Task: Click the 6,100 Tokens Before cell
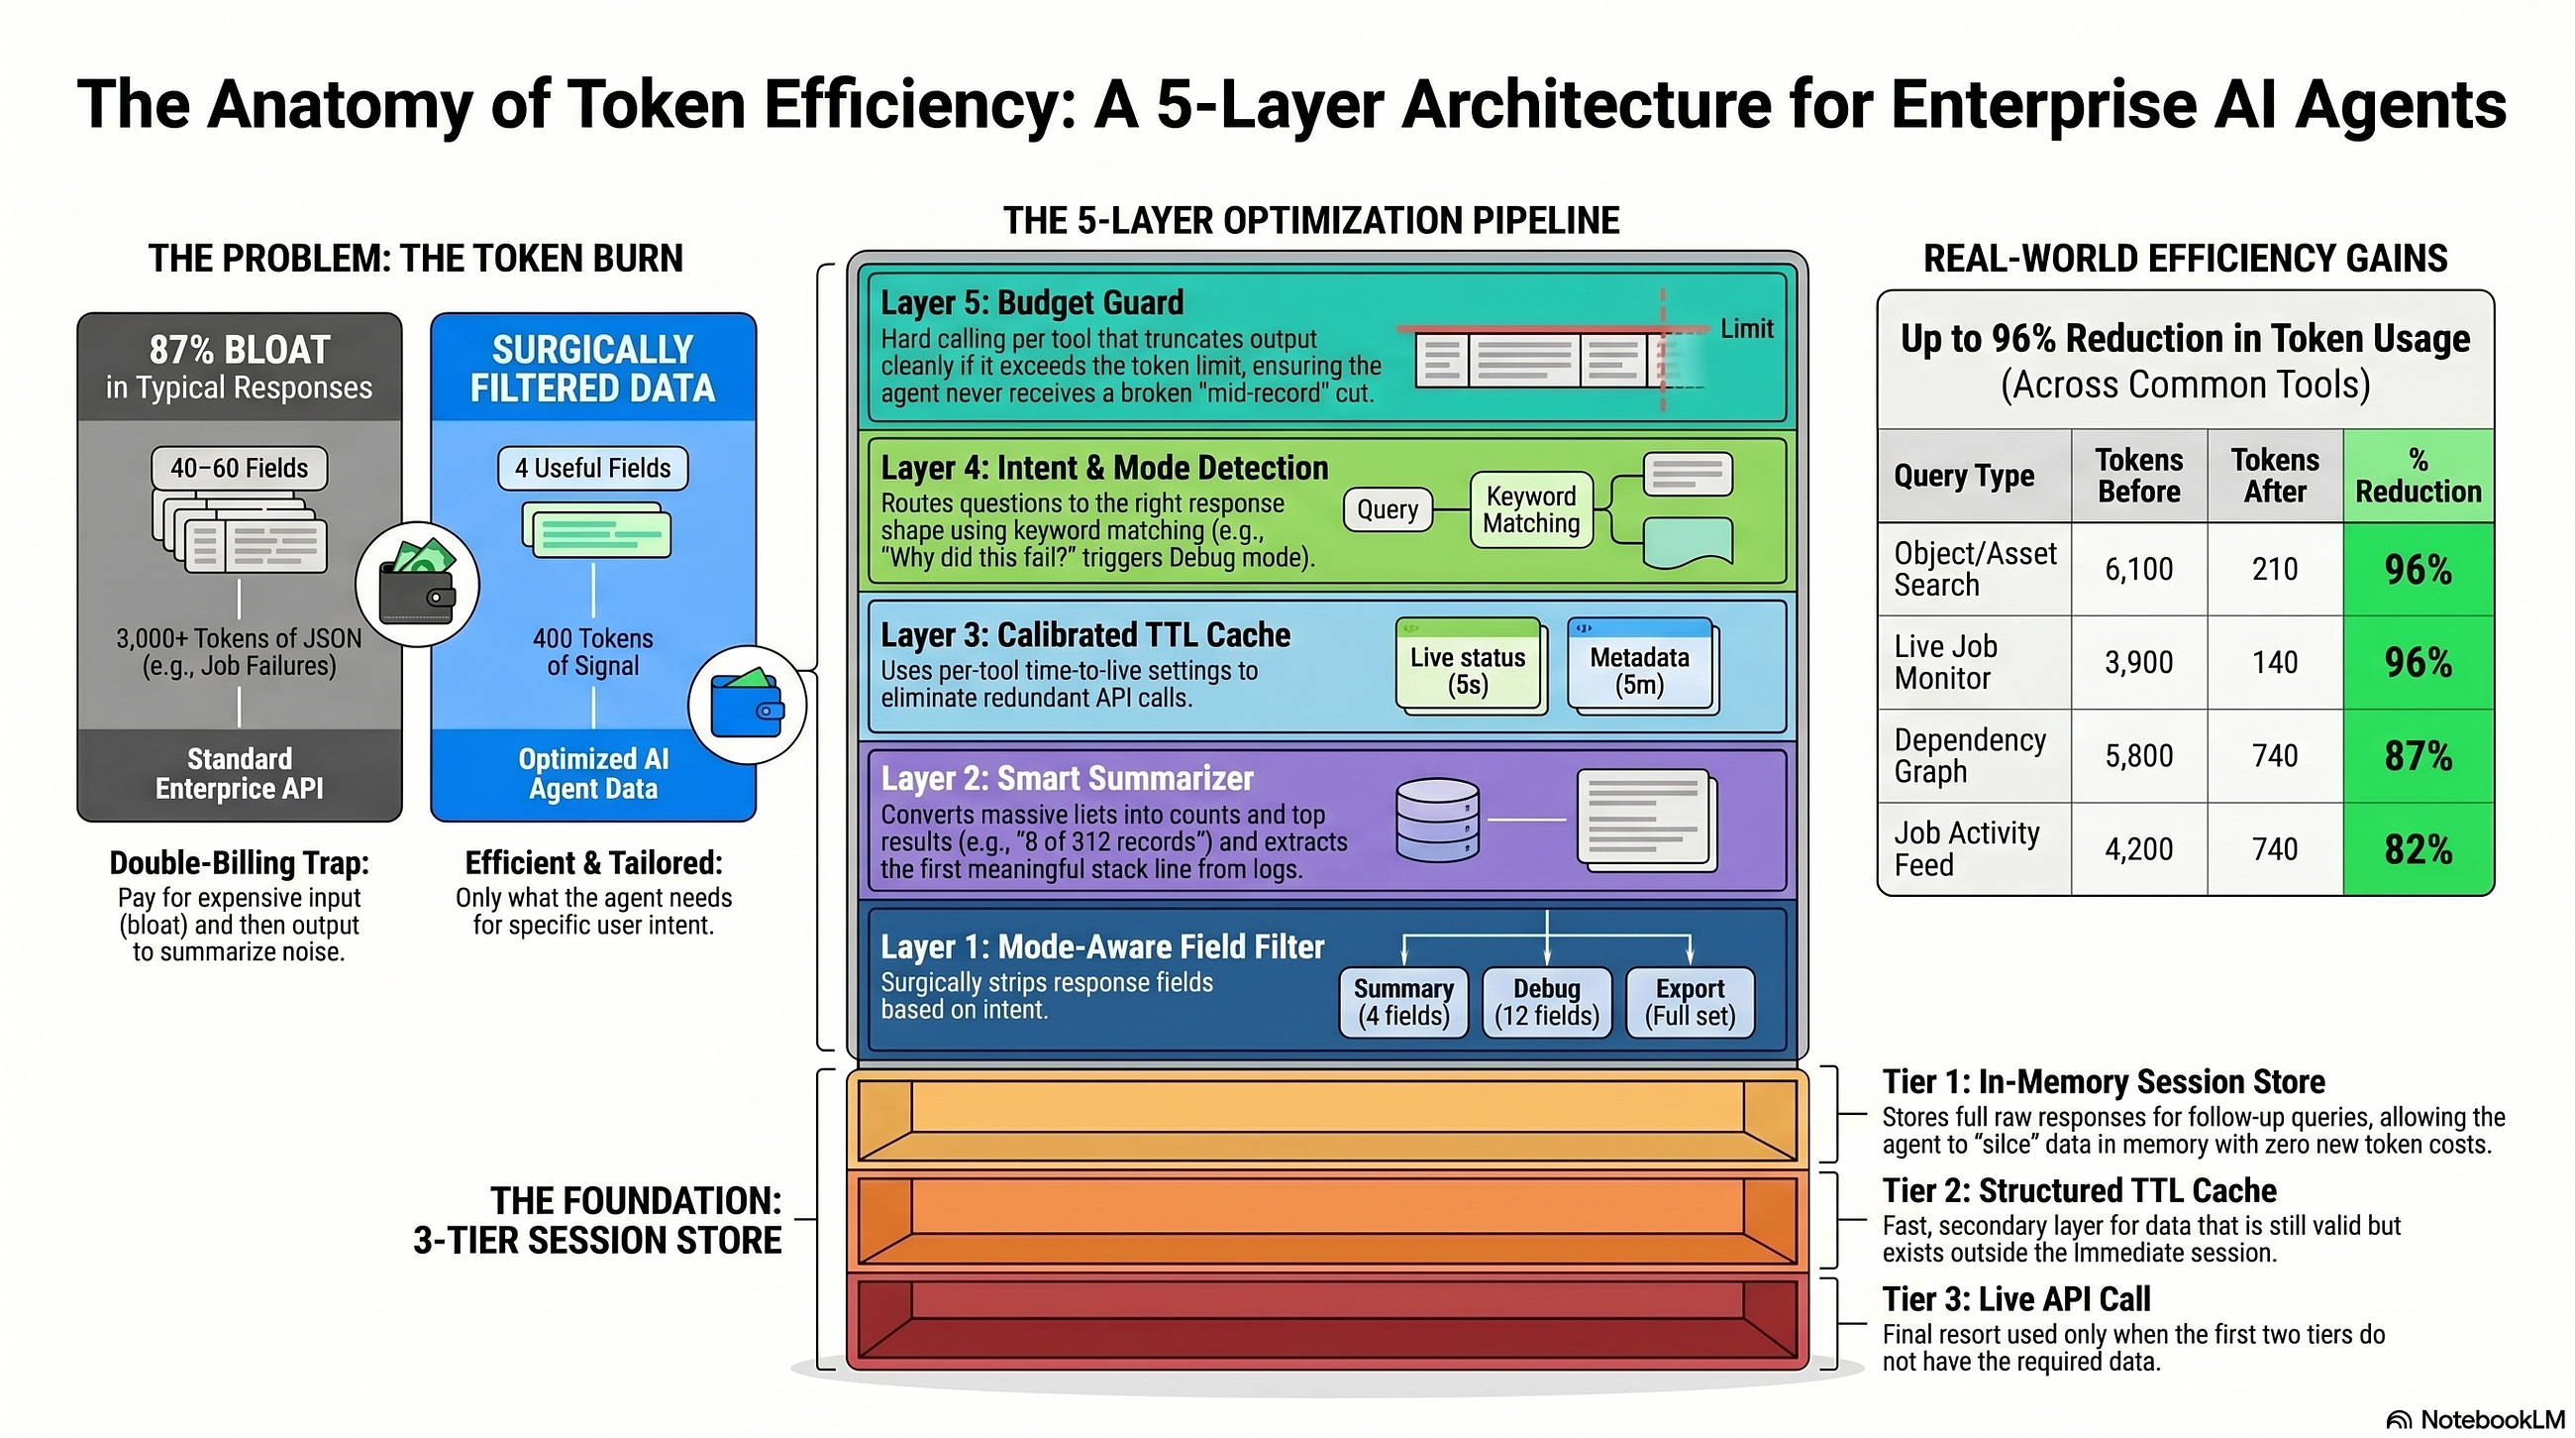click(2138, 569)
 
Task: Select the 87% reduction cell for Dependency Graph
click(2419, 756)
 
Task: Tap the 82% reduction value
click(2419, 849)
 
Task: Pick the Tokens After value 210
click(2274, 569)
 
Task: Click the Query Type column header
click(1964, 476)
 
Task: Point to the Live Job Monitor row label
click(1945, 662)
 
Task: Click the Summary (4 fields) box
click(1403, 1002)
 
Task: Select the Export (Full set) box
click(1690, 1002)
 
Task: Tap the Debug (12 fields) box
click(1546, 1002)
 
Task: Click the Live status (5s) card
click(1469, 666)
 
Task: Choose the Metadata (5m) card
click(1640, 666)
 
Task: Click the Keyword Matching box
click(1531, 510)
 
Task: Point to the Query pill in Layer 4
click(1388, 510)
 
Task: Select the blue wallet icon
click(747, 704)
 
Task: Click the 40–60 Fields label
click(239, 468)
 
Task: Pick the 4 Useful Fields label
click(593, 468)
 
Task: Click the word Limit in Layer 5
click(1746, 329)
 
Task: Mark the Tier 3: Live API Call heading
click(2016, 1299)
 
